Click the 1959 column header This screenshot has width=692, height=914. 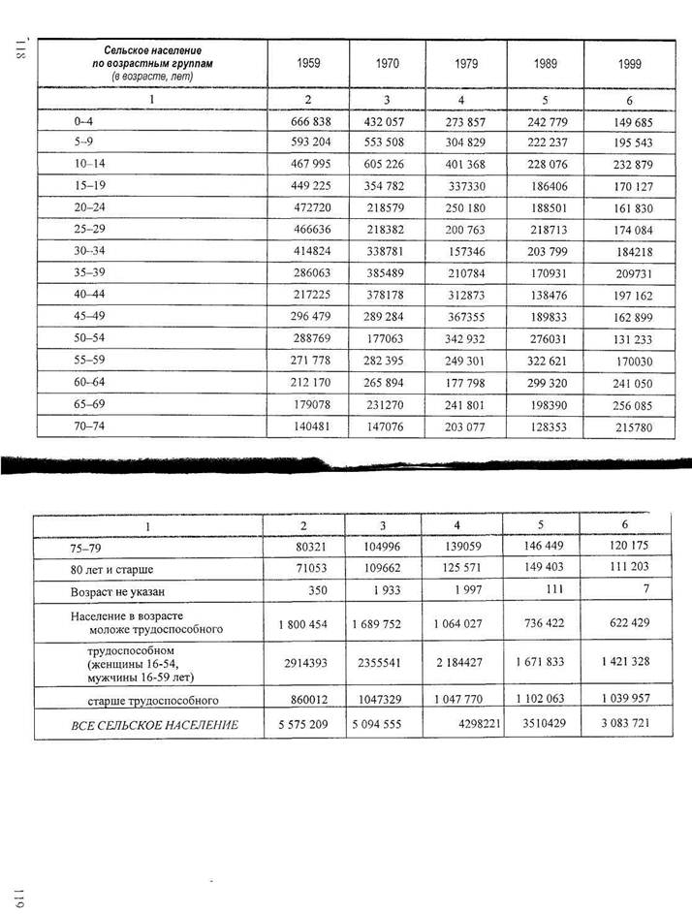[x=307, y=64]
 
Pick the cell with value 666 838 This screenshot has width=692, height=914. [x=312, y=122]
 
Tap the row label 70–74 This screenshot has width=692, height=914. [x=87, y=427]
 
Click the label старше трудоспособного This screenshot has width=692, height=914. [x=152, y=699]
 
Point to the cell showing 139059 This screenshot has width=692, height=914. [x=468, y=547]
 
